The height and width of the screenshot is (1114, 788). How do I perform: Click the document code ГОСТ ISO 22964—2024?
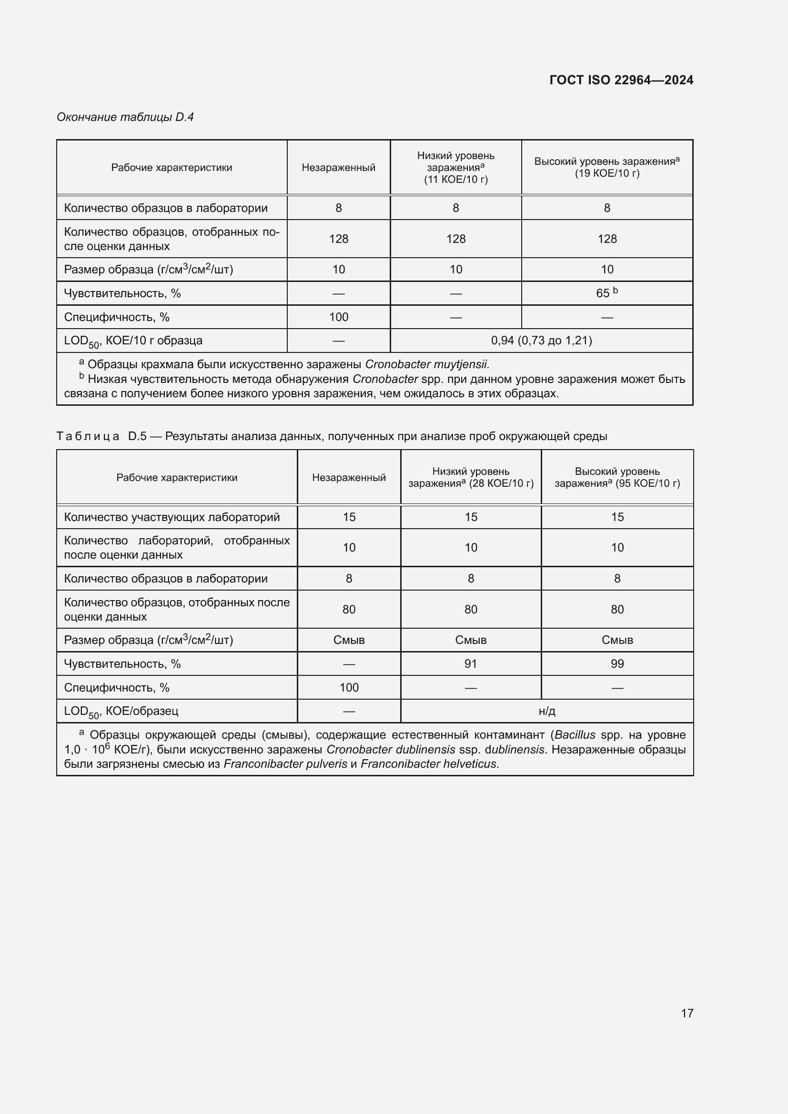click(x=621, y=80)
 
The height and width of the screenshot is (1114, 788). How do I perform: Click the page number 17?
click(x=687, y=1013)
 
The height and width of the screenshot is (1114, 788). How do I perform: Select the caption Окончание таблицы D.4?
click(x=125, y=117)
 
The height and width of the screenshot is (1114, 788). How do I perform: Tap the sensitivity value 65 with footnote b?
click(x=606, y=293)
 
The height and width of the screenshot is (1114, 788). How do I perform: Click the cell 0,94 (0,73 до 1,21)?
click(x=541, y=341)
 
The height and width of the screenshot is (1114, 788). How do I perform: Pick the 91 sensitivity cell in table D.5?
click(x=470, y=664)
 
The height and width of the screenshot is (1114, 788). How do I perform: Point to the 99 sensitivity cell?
click(x=616, y=664)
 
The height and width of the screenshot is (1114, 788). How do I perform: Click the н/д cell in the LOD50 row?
click(x=546, y=711)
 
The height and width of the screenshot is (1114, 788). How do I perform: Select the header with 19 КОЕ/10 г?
click(x=606, y=167)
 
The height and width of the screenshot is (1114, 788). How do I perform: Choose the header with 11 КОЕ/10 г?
click(x=455, y=167)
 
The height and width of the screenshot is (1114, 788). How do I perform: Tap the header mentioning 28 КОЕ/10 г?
click(x=471, y=477)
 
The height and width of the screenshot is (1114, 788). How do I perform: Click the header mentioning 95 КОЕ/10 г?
click(x=616, y=477)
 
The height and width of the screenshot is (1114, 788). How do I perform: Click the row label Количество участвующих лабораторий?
click(x=172, y=517)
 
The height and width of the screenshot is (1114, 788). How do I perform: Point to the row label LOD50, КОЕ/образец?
click(x=121, y=712)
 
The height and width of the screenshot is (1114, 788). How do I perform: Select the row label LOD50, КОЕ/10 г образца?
click(x=133, y=341)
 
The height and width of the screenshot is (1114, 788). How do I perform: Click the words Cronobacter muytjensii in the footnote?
click(x=426, y=364)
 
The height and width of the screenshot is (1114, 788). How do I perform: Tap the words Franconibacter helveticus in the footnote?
click(x=429, y=764)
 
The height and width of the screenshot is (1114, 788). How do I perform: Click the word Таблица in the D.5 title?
click(x=88, y=436)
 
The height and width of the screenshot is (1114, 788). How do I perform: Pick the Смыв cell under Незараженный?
click(x=349, y=640)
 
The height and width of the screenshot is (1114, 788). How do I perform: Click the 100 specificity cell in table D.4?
click(x=338, y=317)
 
